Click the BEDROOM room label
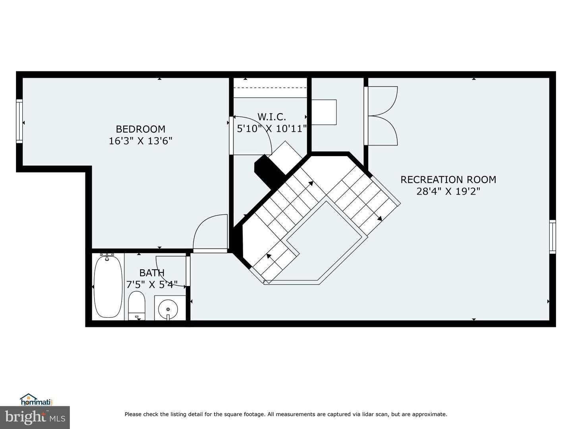(x=141, y=129)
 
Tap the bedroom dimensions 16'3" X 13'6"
(x=141, y=141)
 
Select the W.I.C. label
(x=272, y=117)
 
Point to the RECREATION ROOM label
(x=448, y=180)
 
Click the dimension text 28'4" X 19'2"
(x=448, y=192)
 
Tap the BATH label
(x=152, y=273)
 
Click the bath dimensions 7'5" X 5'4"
(x=152, y=284)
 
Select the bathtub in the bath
(x=108, y=286)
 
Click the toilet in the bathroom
(x=137, y=305)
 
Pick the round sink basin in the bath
(x=168, y=309)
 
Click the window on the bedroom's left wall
(x=19, y=121)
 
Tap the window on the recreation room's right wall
(x=553, y=237)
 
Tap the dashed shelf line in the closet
(x=270, y=88)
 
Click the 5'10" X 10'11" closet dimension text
(x=272, y=129)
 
